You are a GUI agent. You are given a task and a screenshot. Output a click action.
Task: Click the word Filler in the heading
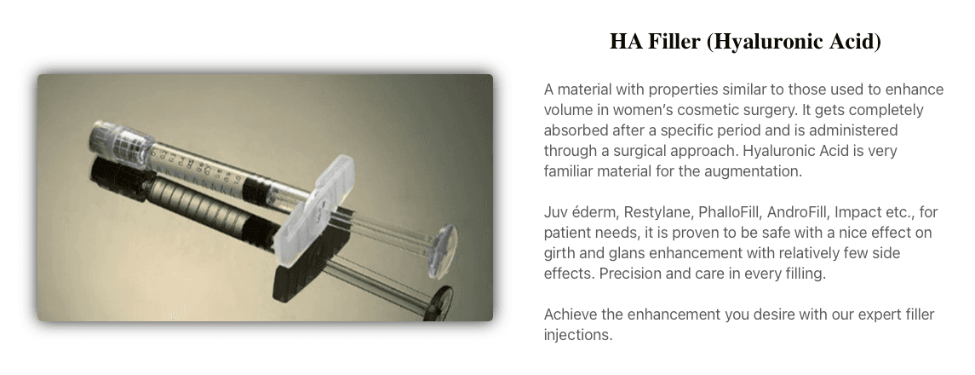(x=674, y=42)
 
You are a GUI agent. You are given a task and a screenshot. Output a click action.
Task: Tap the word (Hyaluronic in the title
(x=766, y=43)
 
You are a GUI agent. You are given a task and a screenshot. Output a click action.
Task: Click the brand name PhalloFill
(x=730, y=212)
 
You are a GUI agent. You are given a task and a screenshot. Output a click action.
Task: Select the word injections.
(x=578, y=335)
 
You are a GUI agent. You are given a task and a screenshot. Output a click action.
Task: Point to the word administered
(x=853, y=130)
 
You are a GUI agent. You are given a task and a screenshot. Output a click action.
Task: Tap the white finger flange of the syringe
(x=314, y=211)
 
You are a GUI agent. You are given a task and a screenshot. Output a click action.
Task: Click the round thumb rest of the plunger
(x=443, y=250)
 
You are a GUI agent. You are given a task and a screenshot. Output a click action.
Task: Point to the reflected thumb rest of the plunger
(x=439, y=303)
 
